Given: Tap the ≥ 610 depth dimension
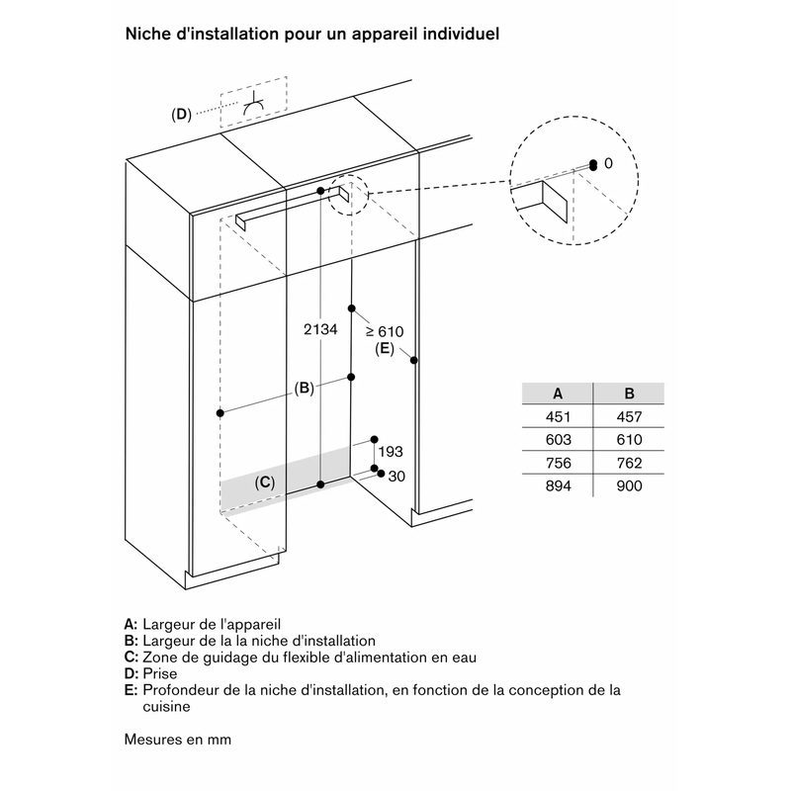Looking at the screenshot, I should (386, 331).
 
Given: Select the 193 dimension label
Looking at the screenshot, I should (391, 452).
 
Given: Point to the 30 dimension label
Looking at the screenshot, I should (396, 477).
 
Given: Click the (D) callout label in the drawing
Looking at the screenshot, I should (181, 115).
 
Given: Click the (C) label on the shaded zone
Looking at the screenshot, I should (264, 483).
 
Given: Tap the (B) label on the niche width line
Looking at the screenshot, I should (304, 389).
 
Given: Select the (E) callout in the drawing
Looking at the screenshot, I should (385, 349).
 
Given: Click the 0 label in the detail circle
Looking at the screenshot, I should (608, 163).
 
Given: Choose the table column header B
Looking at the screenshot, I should (629, 393).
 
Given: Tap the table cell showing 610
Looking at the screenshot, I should (629, 440).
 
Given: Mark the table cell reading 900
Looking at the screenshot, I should (629, 485).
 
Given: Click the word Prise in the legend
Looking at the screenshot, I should (159, 673).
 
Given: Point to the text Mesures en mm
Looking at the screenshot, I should (179, 739).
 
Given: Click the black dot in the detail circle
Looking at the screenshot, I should (591, 164).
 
